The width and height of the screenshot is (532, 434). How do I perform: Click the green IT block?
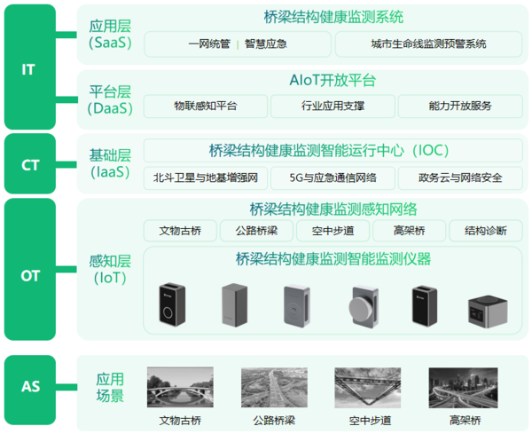point(30,67)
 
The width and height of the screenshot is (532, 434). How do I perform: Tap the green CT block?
point(30,163)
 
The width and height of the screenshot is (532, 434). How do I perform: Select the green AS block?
point(30,390)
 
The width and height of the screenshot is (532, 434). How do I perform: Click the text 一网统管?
point(209,43)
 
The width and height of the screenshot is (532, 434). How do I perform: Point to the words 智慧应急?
point(266,43)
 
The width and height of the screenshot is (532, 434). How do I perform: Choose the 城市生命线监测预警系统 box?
point(428,44)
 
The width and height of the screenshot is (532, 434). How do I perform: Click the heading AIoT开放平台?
point(332,81)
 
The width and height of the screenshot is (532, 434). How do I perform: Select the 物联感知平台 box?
point(206,107)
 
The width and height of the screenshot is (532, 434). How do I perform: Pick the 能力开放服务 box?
point(460,107)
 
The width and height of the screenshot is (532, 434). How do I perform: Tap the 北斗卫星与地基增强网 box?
point(206,178)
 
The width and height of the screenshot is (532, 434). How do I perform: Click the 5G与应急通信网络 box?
point(332,178)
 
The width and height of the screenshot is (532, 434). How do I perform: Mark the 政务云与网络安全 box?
point(460,178)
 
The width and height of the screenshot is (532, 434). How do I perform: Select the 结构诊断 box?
point(486,231)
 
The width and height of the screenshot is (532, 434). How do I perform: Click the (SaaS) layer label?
point(110,43)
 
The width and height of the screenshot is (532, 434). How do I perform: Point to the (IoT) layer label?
point(110,278)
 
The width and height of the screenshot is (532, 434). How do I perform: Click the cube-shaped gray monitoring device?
point(488,311)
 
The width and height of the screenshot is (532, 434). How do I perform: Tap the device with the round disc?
point(364,307)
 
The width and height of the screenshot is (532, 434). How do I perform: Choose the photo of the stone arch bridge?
point(180,387)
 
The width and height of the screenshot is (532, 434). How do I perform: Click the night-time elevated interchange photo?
point(463,388)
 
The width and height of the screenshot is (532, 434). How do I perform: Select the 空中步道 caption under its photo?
point(370,421)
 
